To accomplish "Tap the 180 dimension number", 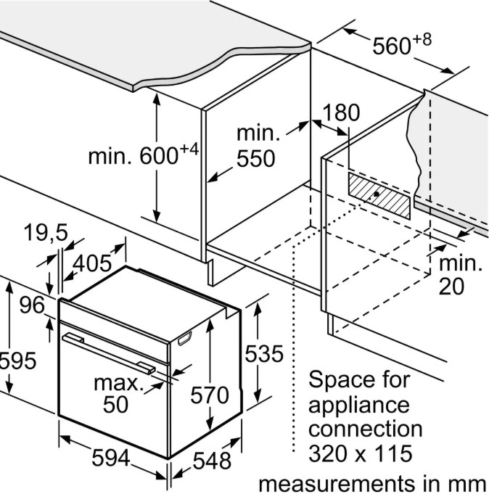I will (x=341, y=113).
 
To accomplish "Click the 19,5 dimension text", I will (x=45, y=234).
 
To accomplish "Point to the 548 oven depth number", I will (x=212, y=460).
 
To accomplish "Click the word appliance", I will (x=359, y=404).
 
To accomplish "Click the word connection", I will (x=365, y=429).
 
